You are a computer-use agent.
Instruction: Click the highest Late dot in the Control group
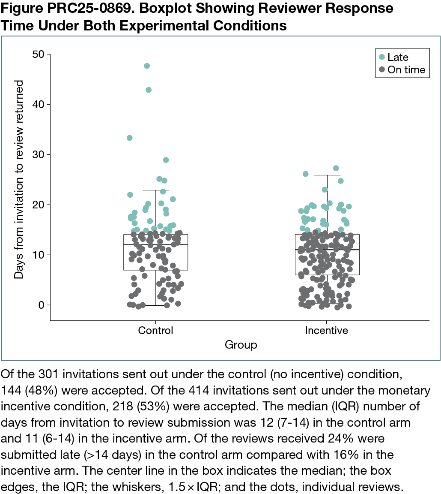click(147, 66)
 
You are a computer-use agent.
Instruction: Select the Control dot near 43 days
click(149, 90)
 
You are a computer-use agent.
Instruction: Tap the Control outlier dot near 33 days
click(130, 138)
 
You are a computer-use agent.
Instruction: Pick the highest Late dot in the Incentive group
click(336, 168)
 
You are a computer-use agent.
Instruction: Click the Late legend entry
click(393, 57)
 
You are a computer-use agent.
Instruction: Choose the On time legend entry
click(401, 70)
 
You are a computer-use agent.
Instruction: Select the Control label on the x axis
click(155, 331)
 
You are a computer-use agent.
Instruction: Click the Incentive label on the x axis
click(326, 331)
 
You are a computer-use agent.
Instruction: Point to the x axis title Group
click(241, 345)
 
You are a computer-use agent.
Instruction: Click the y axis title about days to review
click(19, 180)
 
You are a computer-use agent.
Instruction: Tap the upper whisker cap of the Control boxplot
click(155, 190)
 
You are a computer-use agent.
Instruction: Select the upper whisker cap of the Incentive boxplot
click(327, 175)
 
